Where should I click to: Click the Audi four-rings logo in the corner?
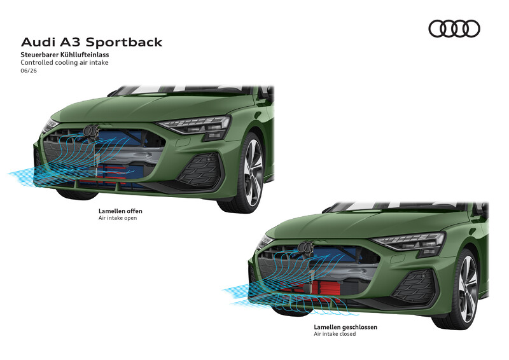point(454,29)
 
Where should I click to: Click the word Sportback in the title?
point(124,43)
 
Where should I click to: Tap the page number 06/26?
point(29,71)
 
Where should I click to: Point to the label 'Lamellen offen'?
point(120,211)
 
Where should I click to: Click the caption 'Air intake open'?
point(118,218)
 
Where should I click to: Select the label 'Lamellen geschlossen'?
point(345,327)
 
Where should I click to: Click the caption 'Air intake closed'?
point(335,334)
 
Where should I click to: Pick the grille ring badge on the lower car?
point(306,247)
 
